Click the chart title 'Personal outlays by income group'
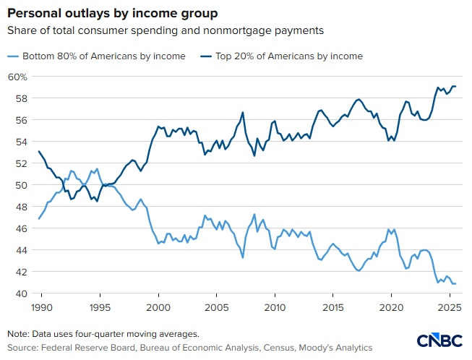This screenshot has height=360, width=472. coord(111,14)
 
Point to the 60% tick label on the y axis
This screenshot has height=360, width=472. coord(18,77)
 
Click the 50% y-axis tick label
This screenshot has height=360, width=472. coord(18,185)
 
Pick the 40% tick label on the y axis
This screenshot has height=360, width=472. coord(18,293)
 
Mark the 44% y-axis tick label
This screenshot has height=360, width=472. coord(18,250)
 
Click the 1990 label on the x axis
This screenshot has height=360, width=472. coord(41,307)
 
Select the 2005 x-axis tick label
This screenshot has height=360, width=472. coord(216,307)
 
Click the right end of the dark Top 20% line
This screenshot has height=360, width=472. coord(455,86)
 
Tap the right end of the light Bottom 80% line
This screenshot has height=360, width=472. coord(455,283)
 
